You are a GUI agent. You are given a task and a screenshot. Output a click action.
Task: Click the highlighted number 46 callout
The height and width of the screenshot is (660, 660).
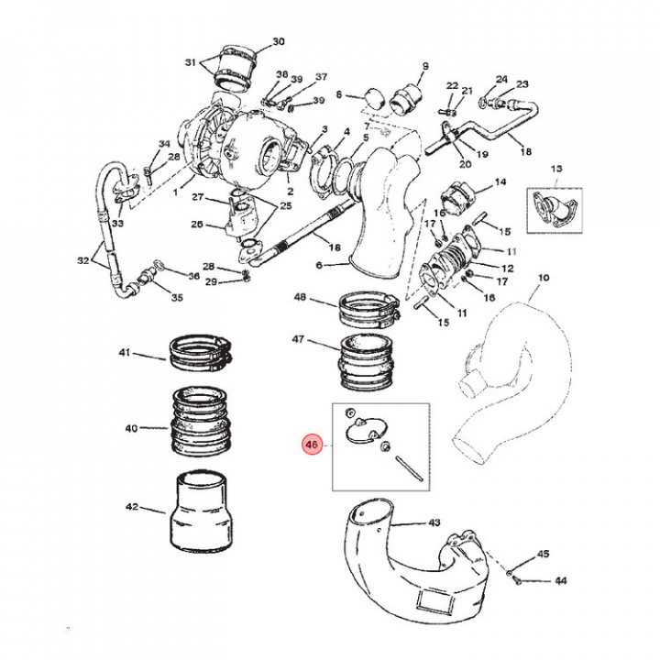(x=312, y=446)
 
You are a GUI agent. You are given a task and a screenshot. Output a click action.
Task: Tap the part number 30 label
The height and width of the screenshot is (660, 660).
(x=279, y=42)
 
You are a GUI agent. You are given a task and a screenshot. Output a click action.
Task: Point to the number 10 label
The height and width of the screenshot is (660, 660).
(x=543, y=278)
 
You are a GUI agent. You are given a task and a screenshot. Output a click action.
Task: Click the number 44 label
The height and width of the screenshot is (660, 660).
(x=560, y=581)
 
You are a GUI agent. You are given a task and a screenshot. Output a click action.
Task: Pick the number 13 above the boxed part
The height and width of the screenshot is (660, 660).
(x=555, y=170)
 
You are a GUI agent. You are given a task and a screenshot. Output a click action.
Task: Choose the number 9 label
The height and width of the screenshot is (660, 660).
(x=425, y=66)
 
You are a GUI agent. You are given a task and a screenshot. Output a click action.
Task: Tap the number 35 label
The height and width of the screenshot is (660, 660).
(x=177, y=298)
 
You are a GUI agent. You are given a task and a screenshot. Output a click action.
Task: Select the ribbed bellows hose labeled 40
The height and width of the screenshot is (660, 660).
(x=203, y=423)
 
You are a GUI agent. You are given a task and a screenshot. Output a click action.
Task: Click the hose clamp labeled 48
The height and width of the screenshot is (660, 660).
(x=371, y=310)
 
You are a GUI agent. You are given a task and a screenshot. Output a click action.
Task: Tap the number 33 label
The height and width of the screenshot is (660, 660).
(x=117, y=224)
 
